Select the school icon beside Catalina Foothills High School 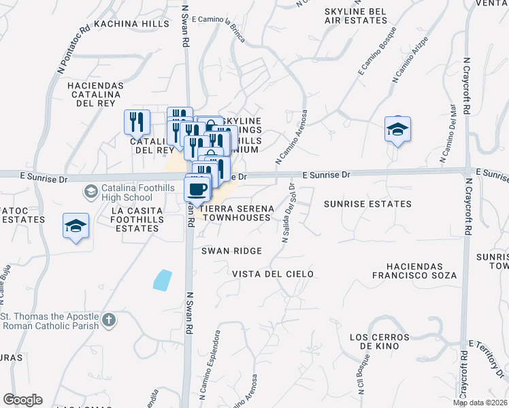click(91, 192)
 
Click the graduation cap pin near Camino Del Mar click(397, 129)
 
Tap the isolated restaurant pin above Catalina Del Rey click(137, 122)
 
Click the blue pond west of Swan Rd click(163, 280)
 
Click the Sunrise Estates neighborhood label click(367, 204)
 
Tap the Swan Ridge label click(231, 251)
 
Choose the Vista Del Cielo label click(273, 274)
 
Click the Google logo click(22, 400)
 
